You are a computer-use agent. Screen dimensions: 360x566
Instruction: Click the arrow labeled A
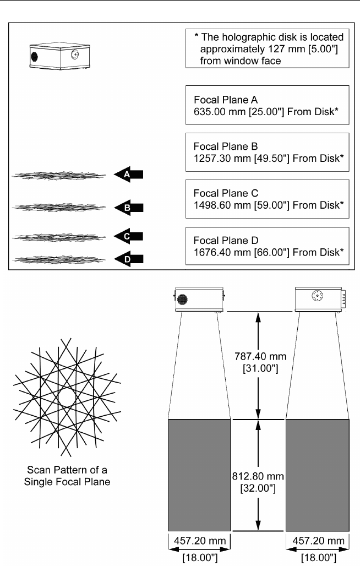point(129,174)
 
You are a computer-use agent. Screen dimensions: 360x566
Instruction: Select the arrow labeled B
point(129,208)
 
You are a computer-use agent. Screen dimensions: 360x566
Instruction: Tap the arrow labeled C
point(129,236)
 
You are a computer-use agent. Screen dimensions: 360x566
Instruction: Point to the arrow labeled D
point(129,258)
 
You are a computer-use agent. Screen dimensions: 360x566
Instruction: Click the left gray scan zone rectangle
point(199,475)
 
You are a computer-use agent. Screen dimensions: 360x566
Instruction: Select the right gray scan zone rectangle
point(318,475)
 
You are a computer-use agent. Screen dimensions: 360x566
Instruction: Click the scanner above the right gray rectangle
point(318,300)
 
